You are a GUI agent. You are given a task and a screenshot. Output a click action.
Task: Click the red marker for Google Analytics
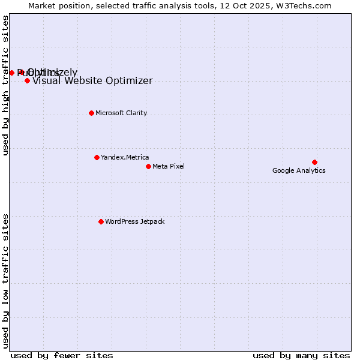tap(314, 162)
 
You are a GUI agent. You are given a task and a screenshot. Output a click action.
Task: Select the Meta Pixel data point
tap(148, 166)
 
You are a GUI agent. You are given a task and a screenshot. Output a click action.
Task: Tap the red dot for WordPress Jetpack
tap(101, 221)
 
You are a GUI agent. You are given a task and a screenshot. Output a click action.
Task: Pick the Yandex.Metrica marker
tap(97, 157)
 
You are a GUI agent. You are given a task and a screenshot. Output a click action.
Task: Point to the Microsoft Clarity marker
tap(91, 113)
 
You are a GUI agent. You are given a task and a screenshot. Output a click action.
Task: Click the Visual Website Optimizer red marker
tap(27, 80)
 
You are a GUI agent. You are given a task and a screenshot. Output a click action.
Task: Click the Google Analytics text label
tap(299, 170)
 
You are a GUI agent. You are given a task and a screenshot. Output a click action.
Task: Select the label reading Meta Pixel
tap(169, 166)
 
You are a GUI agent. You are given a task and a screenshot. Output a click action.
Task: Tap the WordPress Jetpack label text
tap(134, 221)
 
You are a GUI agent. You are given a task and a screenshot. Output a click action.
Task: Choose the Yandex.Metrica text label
tap(125, 157)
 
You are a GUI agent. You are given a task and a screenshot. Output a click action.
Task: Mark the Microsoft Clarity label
tap(121, 113)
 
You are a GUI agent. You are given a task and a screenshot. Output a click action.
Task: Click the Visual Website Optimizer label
tap(92, 81)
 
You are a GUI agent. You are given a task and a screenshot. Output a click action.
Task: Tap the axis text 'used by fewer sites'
tap(62, 355)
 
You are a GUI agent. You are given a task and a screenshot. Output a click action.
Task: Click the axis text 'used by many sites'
tap(301, 355)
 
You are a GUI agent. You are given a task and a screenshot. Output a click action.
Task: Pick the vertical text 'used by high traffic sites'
tap(6, 85)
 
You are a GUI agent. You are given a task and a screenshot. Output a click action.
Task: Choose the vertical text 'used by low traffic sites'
tap(6, 280)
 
